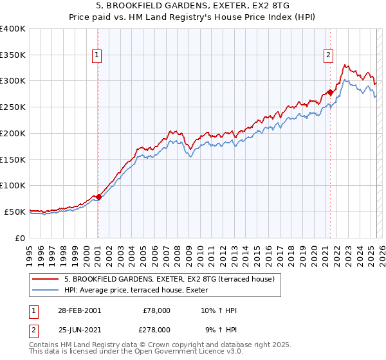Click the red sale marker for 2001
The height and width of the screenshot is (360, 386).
pyautogui.click(x=98, y=197)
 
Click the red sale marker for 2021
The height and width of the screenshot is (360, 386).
pyautogui.click(x=330, y=93)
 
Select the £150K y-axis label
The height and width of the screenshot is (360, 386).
pyautogui.click(x=13, y=159)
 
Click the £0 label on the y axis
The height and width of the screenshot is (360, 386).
pyautogui.click(x=21, y=238)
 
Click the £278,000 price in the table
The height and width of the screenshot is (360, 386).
pyautogui.click(x=156, y=329)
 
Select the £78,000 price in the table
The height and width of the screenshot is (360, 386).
pyautogui.click(x=156, y=310)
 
